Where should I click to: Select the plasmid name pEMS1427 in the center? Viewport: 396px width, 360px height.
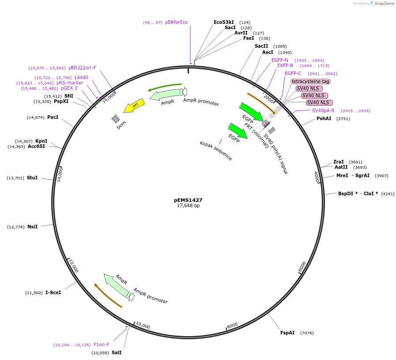click(188, 200)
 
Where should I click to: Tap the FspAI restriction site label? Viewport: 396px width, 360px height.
click(287, 333)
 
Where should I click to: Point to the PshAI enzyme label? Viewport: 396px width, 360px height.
click(324, 118)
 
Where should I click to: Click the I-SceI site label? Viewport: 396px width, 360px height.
click(53, 292)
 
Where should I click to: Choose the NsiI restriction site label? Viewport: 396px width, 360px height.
click(32, 227)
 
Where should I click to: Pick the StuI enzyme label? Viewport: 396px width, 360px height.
click(32, 178)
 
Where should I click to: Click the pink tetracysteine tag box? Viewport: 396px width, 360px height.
click(311, 81)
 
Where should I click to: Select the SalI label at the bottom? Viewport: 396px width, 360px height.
click(117, 352)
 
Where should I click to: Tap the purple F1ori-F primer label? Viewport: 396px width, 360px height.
click(101, 345)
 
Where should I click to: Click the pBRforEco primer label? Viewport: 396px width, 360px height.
click(176, 22)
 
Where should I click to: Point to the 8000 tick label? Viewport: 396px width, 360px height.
click(232, 326)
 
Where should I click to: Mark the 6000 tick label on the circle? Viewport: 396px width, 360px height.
click(302, 266)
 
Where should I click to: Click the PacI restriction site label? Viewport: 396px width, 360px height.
click(53, 117)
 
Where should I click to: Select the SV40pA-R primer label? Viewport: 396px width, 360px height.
click(323, 110)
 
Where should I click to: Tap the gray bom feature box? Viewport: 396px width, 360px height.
click(116, 119)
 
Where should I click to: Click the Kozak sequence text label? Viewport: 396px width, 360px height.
click(216, 151)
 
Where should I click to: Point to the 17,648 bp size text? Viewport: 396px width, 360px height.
click(188, 206)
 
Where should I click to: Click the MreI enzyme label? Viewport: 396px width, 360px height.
click(342, 175)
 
